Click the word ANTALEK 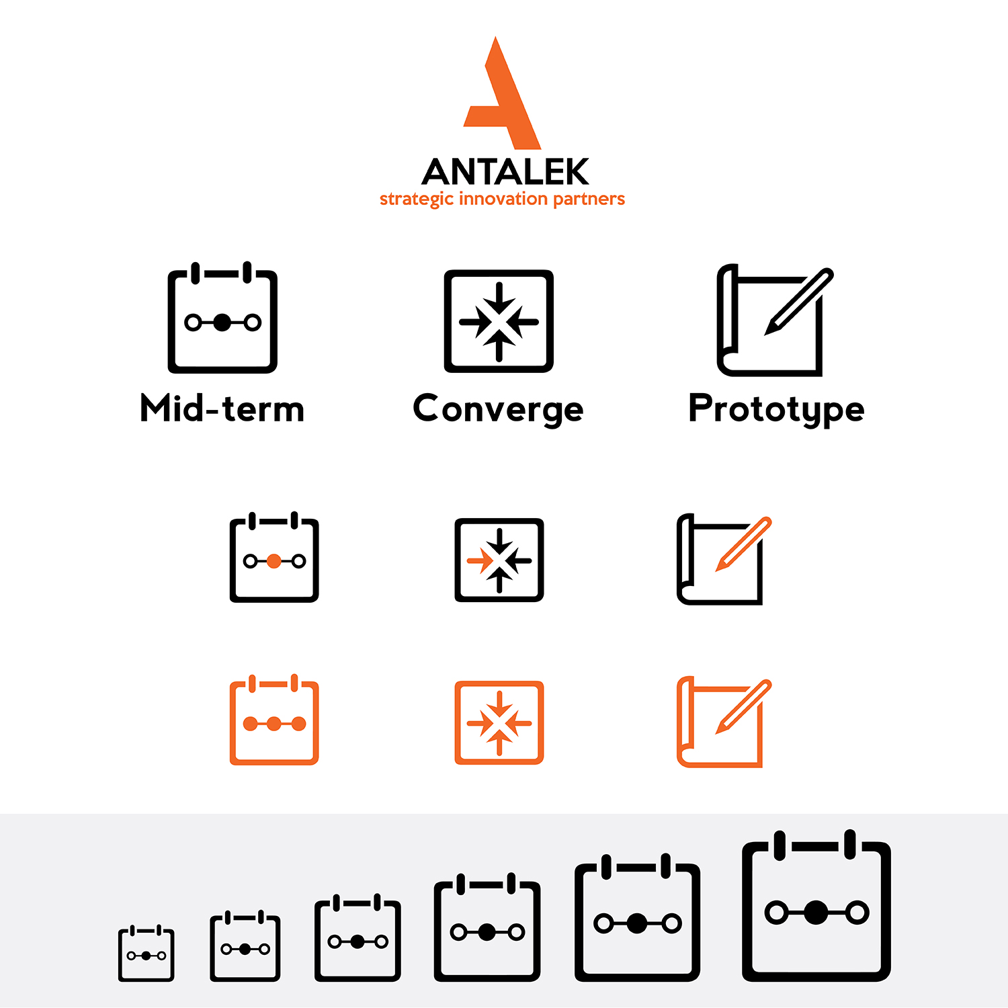pos(505,172)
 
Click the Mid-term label pos(222,409)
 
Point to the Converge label pos(498,410)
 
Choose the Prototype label pos(776,410)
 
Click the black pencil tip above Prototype pos(769,330)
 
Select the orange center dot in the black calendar pos(274,561)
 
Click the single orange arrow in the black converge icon pos(480,560)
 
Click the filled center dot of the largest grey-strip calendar pos(816,912)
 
